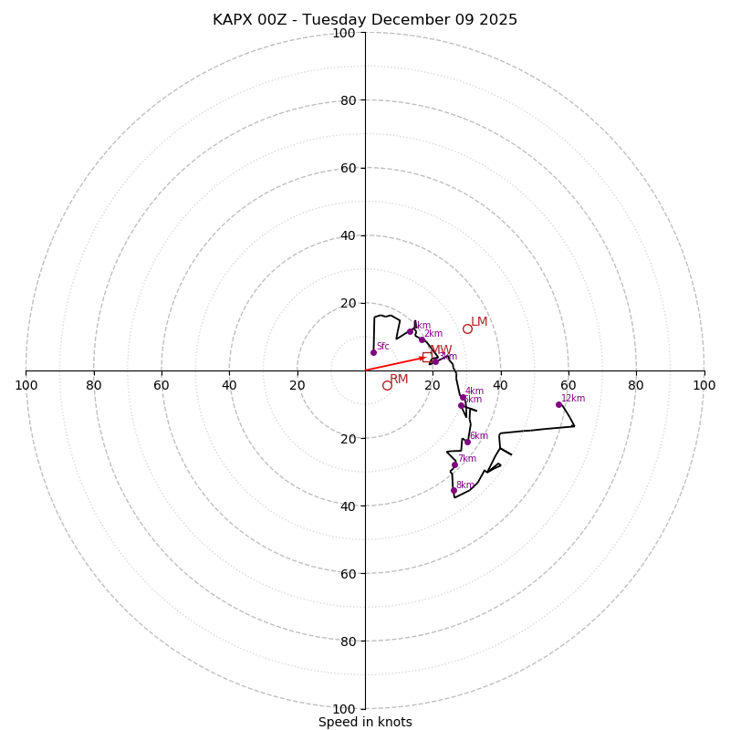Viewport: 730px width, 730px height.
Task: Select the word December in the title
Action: coord(414,20)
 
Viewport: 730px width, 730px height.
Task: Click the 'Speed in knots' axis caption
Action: coord(365,722)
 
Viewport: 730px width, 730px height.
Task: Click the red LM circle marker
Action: coord(467,328)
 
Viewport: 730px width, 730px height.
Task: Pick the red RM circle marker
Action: coord(387,385)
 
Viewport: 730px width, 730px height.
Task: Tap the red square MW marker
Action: coord(427,357)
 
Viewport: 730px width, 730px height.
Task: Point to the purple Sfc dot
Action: coord(373,352)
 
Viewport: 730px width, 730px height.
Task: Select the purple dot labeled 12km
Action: coord(558,404)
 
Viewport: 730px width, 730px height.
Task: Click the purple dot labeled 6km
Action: coord(467,442)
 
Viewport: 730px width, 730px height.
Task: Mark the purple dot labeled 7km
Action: coord(454,464)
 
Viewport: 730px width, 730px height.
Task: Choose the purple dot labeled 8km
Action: coord(454,490)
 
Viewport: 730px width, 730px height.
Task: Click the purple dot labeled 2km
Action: coord(422,339)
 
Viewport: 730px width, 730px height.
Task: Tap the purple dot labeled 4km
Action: coord(463,397)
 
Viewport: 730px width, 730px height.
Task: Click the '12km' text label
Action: coord(573,399)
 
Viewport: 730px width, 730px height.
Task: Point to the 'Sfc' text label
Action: coord(382,347)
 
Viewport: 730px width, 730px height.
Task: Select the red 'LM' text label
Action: coord(479,322)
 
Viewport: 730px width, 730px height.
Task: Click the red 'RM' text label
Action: coord(399,380)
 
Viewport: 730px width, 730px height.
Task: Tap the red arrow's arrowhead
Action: coord(422,358)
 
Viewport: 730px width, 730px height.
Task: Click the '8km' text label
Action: coord(464,485)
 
